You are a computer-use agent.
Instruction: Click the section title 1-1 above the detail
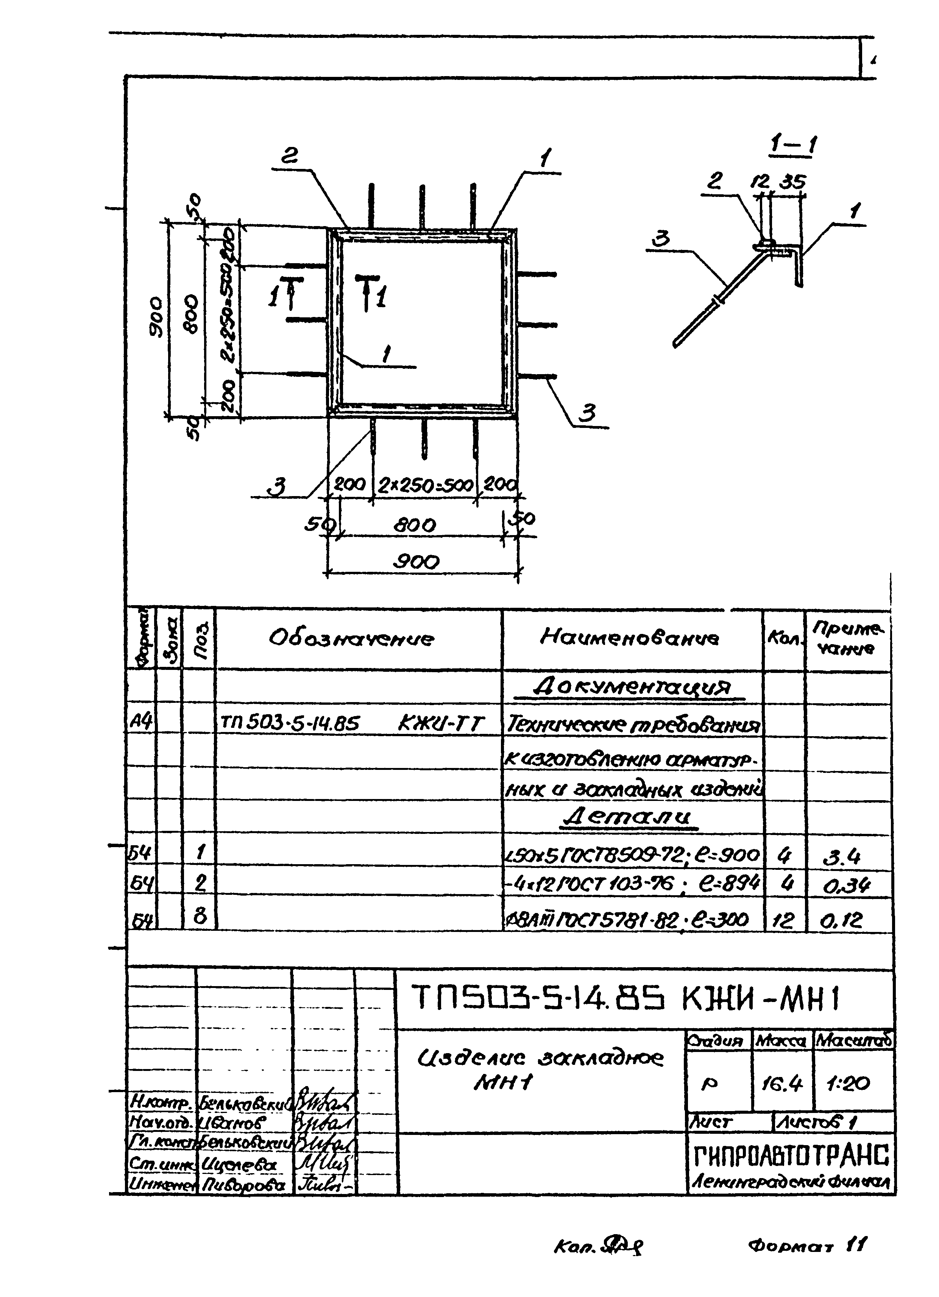point(793,146)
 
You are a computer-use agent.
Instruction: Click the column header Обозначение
point(351,638)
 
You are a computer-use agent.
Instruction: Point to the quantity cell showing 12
point(783,919)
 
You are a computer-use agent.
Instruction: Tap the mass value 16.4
point(782,1083)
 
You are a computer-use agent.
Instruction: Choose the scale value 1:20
point(849,1083)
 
